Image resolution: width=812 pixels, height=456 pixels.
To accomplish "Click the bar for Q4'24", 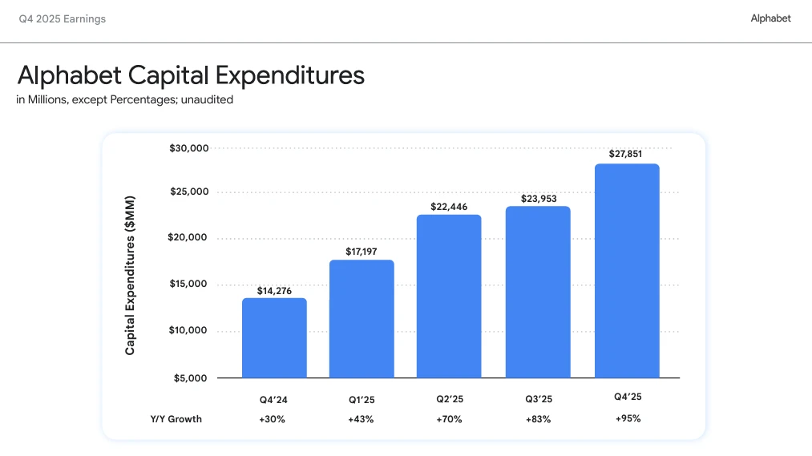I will (x=274, y=337).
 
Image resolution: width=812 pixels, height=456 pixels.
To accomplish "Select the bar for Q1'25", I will (x=362, y=318).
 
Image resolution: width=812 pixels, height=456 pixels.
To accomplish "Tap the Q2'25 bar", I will (x=449, y=296).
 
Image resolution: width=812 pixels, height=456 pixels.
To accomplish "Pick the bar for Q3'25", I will (x=538, y=292).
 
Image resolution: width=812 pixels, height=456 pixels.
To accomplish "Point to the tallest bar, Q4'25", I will (x=627, y=270).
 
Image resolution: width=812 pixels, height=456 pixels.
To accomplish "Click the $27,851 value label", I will (x=626, y=154).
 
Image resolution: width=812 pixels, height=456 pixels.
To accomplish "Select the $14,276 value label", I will (x=274, y=291).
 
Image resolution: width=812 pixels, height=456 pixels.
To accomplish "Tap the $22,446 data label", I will (x=449, y=207).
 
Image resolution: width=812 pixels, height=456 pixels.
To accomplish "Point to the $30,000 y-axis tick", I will (x=189, y=148).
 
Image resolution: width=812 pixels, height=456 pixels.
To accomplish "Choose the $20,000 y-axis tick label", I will (x=189, y=237).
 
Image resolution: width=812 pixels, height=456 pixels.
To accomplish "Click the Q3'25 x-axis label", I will (x=538, y=398).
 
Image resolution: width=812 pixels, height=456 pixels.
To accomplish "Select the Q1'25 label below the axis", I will (x=362, y=398).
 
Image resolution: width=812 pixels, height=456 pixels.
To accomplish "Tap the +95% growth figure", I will (x=628, y=418).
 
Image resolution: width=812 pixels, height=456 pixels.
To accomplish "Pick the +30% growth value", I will (x=273, y=419).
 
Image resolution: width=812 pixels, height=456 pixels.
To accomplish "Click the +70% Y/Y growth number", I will (x=449, y=419).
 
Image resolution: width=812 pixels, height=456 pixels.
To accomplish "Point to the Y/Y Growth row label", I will (x=176, y=419).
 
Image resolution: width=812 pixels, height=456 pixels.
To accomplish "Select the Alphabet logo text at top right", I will (x=770, y=18).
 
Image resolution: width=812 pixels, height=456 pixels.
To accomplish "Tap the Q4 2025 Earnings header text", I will (x=63, y=18).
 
